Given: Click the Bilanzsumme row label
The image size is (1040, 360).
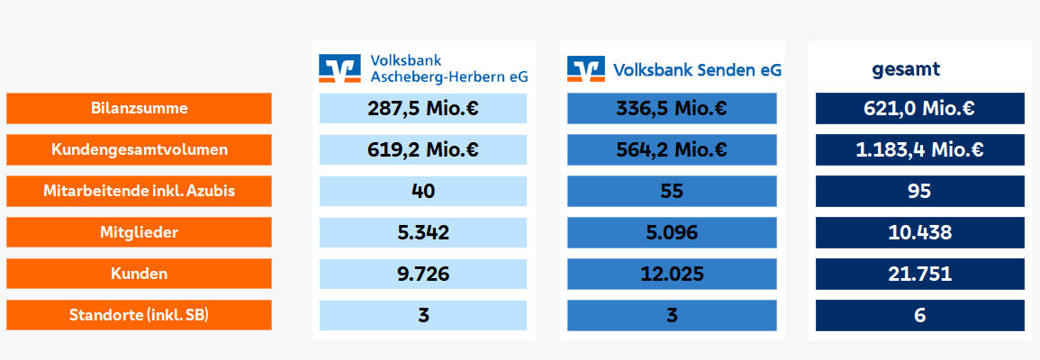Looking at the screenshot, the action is [x=139, y=108].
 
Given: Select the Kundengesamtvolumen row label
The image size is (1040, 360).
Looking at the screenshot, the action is [x=139, y=149].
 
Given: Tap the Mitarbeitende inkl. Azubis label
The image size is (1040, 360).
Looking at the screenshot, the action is [x=139, y=191].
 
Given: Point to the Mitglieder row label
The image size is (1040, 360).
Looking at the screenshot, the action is [x=139, y=232].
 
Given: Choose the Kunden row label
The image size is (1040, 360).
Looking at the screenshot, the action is [x=139, y=273].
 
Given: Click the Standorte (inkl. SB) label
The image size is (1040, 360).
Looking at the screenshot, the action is [x=139, y=315].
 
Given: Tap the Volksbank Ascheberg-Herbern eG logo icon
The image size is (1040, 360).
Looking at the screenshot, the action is [x=339, y=68].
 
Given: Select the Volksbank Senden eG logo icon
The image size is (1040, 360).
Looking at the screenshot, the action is [x=585, y=69].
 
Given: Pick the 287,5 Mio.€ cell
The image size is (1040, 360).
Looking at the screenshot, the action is [x=423, y=108].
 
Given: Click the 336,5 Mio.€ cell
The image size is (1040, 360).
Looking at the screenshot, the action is [x=672, y=108].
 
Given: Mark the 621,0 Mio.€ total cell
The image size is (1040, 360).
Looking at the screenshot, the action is [x=920, y=108].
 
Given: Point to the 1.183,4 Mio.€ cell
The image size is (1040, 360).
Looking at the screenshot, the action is [x=920, y=149].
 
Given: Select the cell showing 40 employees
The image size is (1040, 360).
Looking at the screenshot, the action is [x=423, y=191].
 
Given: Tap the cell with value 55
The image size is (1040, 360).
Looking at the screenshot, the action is [x=672, y=191].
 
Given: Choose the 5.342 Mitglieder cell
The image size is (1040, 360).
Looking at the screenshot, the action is [x=423, y=232].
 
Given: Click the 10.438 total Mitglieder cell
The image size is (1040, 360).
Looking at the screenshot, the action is [x=920, y=232].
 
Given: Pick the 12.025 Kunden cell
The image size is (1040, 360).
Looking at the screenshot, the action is [x=672, y=273].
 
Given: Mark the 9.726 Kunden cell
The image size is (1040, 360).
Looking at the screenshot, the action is [x=423, y=273].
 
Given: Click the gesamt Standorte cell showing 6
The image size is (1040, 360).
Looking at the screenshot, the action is [x=920, y=315].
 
